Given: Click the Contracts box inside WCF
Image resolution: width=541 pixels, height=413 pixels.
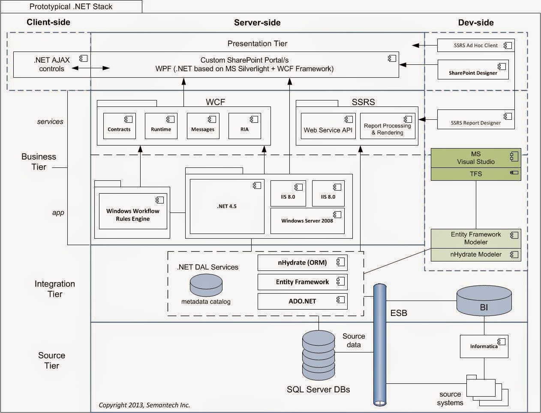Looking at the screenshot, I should (119, 126).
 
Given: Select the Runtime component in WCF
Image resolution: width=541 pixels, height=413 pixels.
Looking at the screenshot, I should (161, 126).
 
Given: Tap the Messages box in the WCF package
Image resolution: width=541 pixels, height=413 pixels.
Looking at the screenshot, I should (203, 126).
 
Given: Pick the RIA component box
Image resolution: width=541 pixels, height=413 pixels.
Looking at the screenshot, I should (244, 126).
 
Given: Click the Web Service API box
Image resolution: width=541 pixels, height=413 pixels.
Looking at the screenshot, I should (328, 126).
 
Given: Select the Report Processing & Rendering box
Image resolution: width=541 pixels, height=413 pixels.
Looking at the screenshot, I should (388, 126).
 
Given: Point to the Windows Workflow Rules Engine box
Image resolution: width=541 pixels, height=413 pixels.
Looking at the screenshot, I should (132, 211).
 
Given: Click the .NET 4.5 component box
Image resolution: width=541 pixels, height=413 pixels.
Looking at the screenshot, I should (227, 206).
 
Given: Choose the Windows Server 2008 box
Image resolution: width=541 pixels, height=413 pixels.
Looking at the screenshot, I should (307, 221).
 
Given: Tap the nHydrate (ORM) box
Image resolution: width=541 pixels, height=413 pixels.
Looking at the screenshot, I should (302, 263).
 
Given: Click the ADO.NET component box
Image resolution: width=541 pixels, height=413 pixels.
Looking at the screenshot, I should (302, 301).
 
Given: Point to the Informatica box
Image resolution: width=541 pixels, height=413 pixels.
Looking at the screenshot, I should (484, 346).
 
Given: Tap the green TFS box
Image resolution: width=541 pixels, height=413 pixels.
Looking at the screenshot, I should (475, 174).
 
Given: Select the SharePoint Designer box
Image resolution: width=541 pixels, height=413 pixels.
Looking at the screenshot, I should (473, 70).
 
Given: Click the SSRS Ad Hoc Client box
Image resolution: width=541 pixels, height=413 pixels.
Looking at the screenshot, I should (475, 45).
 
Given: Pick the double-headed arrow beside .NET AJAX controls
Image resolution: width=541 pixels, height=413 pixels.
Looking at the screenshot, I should (90, 68).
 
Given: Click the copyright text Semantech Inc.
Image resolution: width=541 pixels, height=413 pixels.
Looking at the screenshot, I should (144, 405).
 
